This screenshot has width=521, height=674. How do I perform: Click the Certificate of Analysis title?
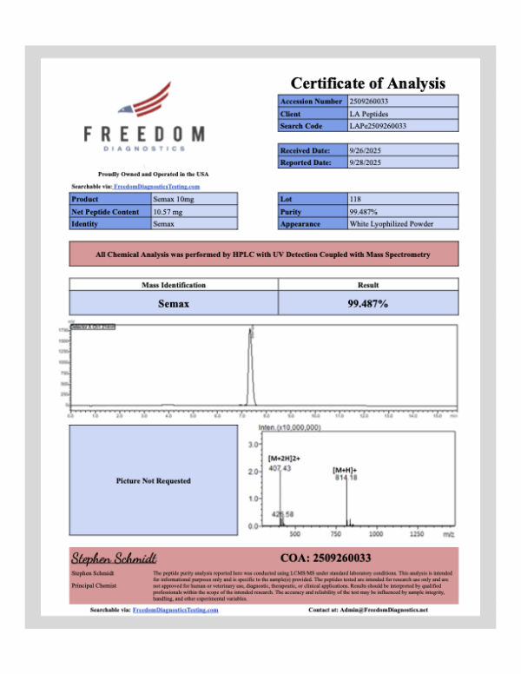[x=367, y=83]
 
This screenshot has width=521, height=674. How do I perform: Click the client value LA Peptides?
[x=368, y=114]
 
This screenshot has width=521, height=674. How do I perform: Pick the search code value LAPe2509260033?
[x=378, y=126]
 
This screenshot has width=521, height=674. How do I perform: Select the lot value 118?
[x=355, y=199]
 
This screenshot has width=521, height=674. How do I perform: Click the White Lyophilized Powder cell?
[x=391, y=223]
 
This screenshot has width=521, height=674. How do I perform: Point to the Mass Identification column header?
[x=173, y=285]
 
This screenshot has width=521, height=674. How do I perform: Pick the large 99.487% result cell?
[x=367, y=303]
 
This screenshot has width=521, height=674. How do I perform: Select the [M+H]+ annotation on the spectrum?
[x=346, y=470]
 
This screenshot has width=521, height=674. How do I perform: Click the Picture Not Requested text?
[x=154, y=480]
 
